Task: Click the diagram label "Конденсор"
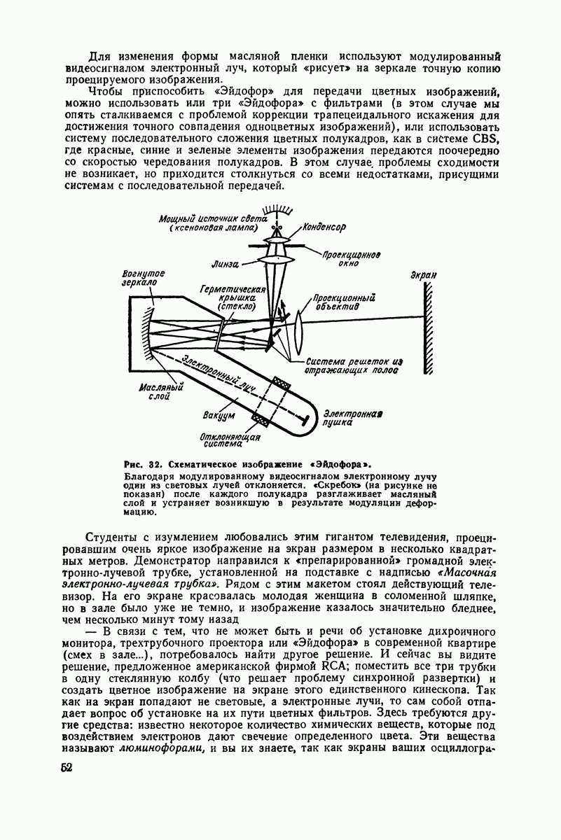click(x=325, y=227)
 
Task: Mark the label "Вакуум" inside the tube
click(x=219, y=416)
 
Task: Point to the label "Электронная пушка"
click(x=352, y=418)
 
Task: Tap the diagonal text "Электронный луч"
click(x=219, y=372)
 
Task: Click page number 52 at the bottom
click(x=66, y=767)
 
